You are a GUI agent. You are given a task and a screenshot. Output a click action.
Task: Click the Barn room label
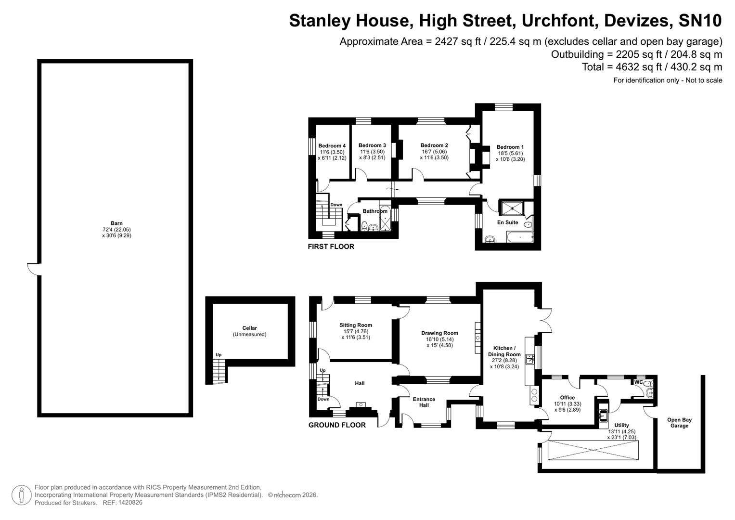click(116, 223)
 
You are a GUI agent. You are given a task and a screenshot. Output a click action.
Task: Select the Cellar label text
click(249, 328)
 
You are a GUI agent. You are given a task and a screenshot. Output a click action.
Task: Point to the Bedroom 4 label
click(332, 146)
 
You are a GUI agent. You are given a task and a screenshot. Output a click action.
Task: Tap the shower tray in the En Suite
click(513, 208)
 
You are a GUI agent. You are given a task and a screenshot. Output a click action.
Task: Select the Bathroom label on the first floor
click(375, 211)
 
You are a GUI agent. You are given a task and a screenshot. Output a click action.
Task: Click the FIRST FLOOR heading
click(331, 247)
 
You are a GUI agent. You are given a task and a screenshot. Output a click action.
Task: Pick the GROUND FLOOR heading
click(337, 425)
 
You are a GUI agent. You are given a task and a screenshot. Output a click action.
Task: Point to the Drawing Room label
click(439, 333)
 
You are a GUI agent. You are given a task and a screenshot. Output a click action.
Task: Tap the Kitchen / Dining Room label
click(504, 351)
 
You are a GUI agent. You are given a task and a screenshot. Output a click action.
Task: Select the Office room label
click(567, 398)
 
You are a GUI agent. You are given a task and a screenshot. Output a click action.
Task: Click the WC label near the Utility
click(638, 382)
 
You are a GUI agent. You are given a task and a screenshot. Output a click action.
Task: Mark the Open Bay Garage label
click(679, 423)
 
